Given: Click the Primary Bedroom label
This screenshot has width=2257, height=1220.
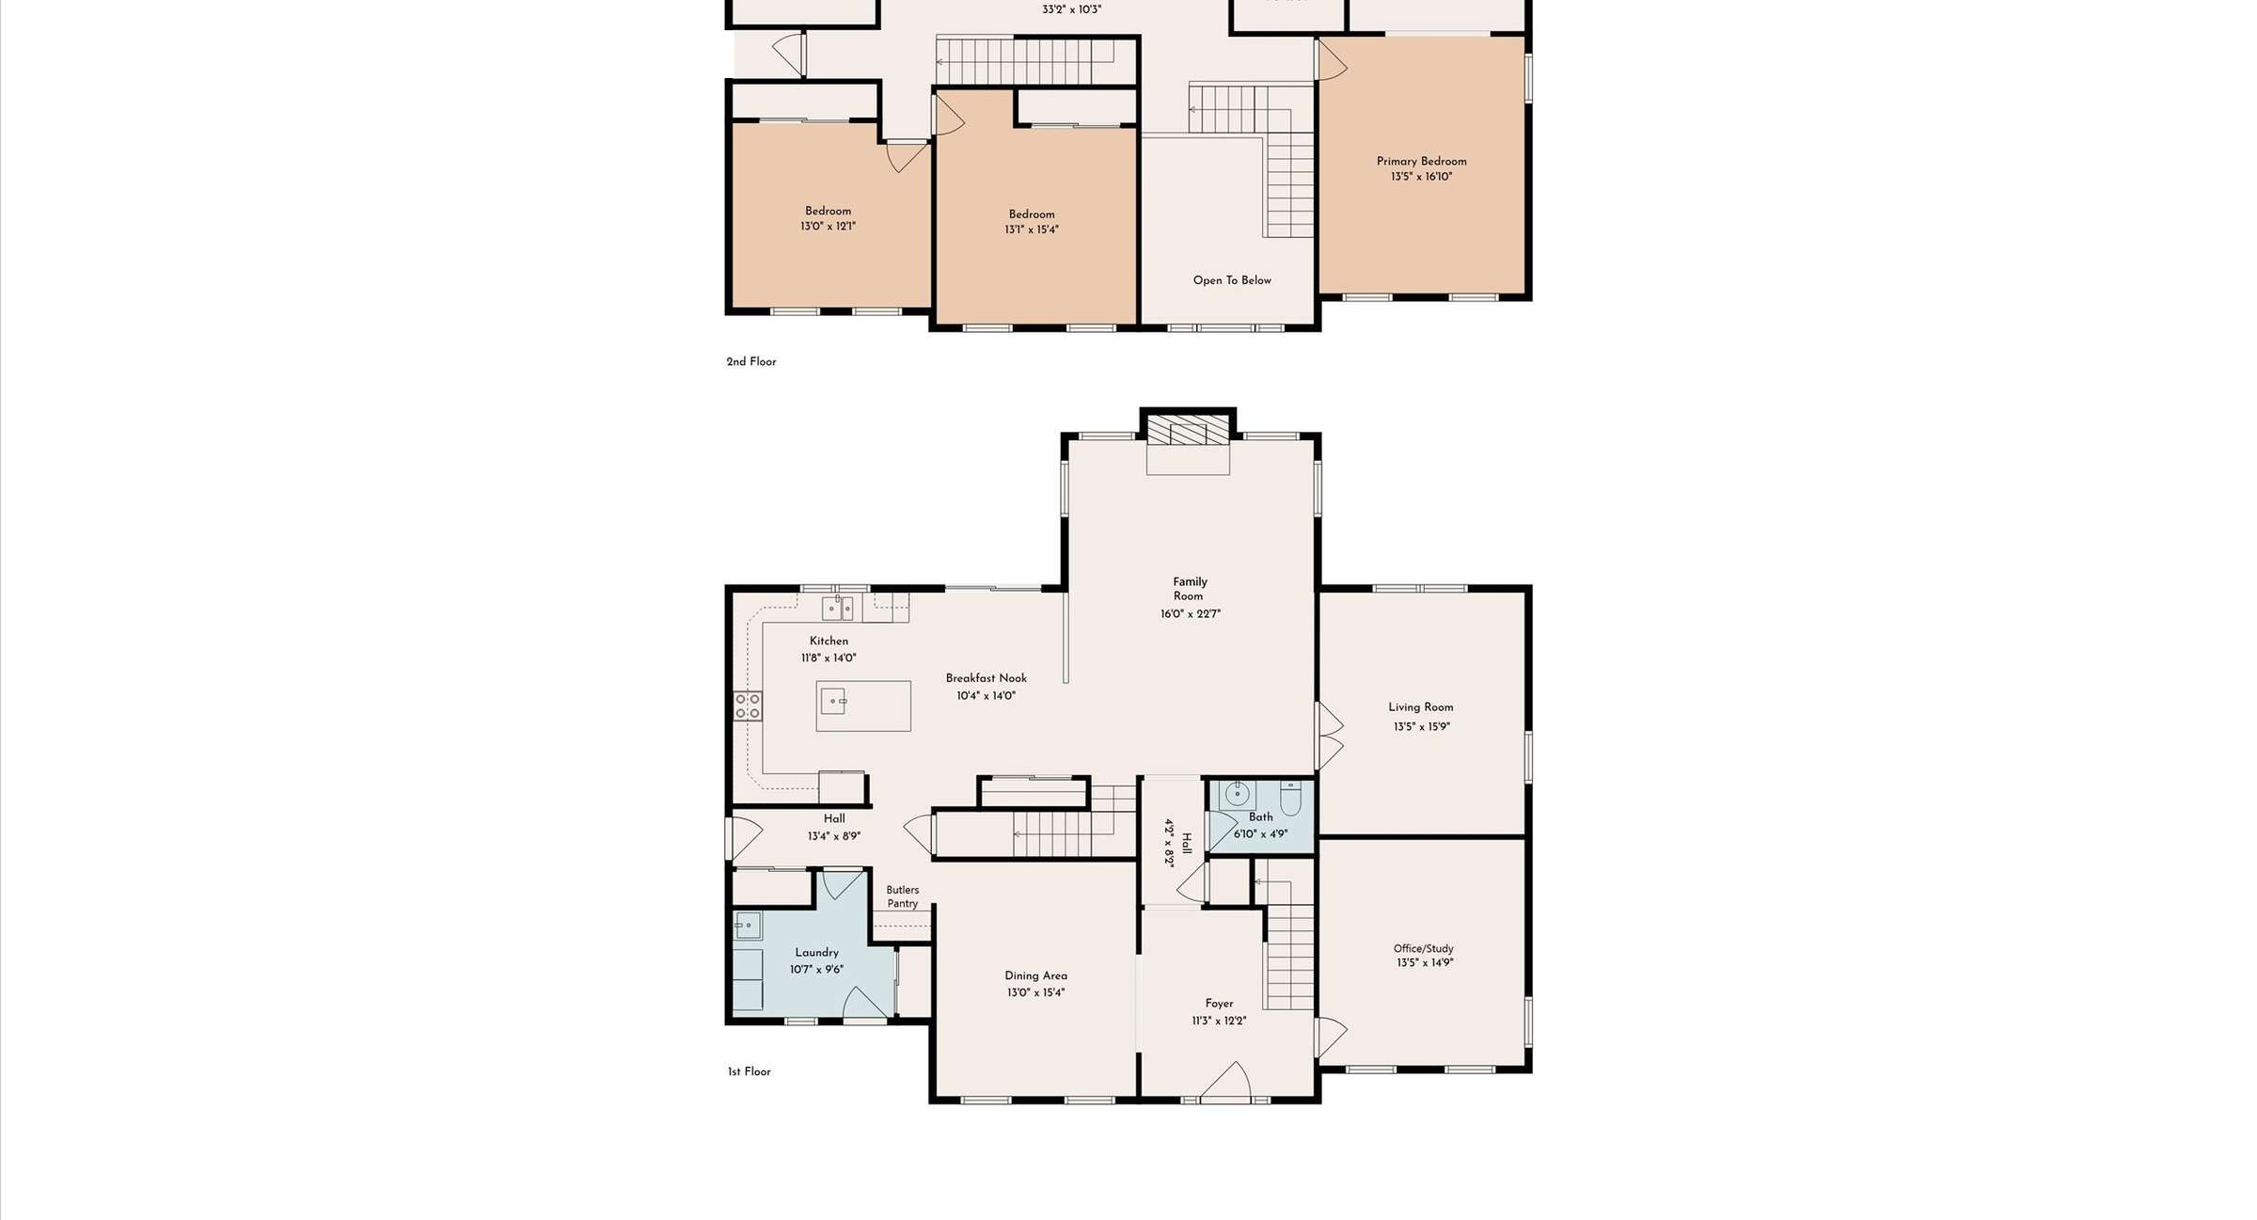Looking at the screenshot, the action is [x=1421, y=161].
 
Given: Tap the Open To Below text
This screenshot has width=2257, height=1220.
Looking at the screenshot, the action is [x=1232, y=280].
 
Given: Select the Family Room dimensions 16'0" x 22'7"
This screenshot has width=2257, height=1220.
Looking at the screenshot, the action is [x=1190, y=614].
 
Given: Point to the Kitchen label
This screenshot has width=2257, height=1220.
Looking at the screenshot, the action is [x=829, y=641].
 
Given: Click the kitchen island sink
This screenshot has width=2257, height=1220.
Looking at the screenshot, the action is [x=833, y=701].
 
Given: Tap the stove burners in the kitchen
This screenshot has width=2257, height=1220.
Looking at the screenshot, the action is [x=748, y=706].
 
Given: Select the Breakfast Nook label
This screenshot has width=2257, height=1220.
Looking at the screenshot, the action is [x=986, y=678].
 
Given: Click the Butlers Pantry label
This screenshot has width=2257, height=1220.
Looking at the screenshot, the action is [x=903, y=896].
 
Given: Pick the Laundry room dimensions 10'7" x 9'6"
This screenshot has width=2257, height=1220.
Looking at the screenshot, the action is [x=816, y=970].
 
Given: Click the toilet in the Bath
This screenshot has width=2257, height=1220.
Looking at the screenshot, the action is [x=1290, y=798].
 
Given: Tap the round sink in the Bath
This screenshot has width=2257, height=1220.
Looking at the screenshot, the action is [x=1238, y=795].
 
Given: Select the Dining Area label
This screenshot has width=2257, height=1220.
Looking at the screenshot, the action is [x=1035, y=975].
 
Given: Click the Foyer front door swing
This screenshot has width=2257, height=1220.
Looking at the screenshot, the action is [x=1226, y=1079].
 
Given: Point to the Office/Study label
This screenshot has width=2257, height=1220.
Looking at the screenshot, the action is [x=1423, y=948].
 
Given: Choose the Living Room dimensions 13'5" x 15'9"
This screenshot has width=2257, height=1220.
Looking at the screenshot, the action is [x=1421, y=727].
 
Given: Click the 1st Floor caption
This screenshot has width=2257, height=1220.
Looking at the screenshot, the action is [x=749, y=1071].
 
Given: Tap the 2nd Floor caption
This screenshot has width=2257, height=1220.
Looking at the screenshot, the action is [x=750, y=362].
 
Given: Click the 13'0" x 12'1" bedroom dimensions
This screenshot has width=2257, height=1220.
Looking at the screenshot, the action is [x=828, y=227].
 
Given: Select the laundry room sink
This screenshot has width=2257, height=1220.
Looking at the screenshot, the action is [x=748, y=926].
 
